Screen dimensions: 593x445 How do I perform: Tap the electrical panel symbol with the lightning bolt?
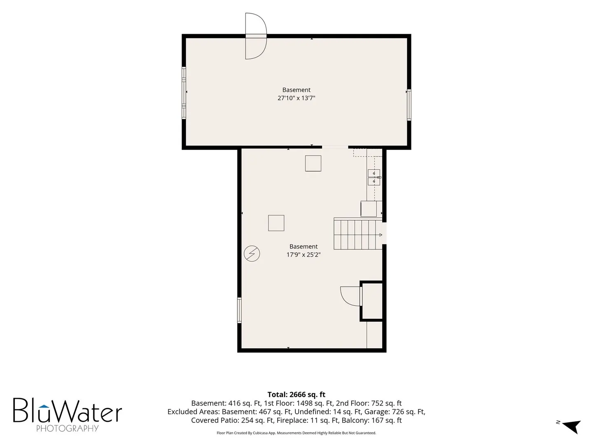coord(252,253)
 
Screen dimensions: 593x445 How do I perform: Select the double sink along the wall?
coord(374,177)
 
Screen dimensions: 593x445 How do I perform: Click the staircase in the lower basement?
coord(358,234)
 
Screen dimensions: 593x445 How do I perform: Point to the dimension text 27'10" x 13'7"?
coord(296,98)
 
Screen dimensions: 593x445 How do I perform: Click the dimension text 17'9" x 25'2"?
coord(303,255)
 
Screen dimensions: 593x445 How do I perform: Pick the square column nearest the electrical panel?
coord(276,223)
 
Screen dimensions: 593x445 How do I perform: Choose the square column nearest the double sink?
coord(313,163)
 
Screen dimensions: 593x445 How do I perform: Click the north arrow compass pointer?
coord(573,426)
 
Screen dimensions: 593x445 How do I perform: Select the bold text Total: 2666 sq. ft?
coord(296,394)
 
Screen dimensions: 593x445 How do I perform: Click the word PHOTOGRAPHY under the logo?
coord(67,428)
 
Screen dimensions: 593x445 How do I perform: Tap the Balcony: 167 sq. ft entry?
coord(371,420)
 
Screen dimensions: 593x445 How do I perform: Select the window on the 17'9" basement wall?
coord(239,310)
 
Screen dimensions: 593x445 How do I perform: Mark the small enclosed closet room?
coord(371,301)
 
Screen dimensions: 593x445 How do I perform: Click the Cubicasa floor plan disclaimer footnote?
coord(296,433)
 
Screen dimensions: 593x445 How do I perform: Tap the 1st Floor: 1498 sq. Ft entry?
coord(298,403)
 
